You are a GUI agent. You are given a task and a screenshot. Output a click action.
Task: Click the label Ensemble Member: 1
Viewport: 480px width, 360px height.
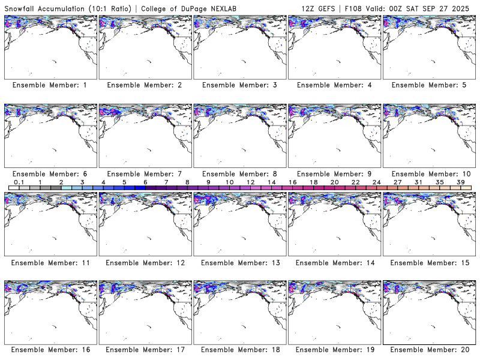pyautogui.click(x=50, y=85)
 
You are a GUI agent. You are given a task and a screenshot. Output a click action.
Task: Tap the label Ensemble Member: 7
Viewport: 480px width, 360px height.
pyautogui.click(x=145, y=173)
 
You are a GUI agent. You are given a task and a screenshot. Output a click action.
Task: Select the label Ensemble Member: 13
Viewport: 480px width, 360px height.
pyautogui.click(x=239, y=262)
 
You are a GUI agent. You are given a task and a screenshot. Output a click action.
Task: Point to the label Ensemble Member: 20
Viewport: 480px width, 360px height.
pyautogui.click(x=428, y=350)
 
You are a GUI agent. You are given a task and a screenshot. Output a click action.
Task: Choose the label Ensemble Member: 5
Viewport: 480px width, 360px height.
pyautogui.click(x=428, y=85)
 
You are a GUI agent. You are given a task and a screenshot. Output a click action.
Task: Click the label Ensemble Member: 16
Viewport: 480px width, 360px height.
pyautogui.click(x=50, y=350)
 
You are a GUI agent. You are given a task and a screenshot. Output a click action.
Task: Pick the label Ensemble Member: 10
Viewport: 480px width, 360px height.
pyautogui.click(x=428, y=173)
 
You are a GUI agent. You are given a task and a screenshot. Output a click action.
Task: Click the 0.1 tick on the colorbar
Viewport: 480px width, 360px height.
pyautogui.click(x=19, y=182)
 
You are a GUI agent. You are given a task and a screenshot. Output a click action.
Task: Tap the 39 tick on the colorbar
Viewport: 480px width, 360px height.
pyautogui.click(x=461, y=182)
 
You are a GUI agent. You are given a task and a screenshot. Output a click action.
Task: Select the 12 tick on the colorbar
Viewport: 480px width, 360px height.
pyautogui.click(x=250, y=182)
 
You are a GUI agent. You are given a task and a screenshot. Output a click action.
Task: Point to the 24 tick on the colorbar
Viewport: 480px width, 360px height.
pyautogui.click(x=376, y=182)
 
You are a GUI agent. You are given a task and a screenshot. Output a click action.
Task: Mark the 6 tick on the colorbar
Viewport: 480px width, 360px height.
pyautogui.click(x=145, y=182)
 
